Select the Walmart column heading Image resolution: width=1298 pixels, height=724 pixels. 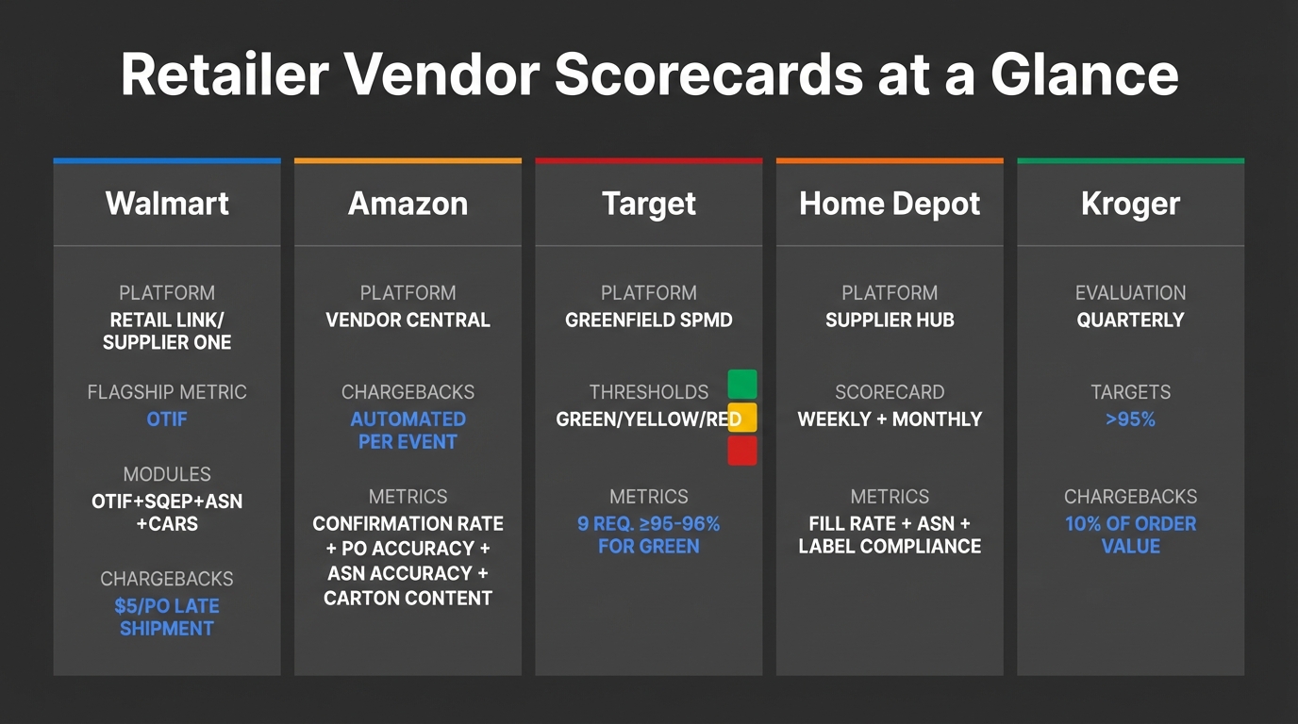(x=167, y=204)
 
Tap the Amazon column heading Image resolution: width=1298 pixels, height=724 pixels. (x=408, y=204)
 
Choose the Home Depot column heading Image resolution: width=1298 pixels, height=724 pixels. (x=890, y=204)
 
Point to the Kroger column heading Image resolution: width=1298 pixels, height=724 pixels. (x=1130, y=204)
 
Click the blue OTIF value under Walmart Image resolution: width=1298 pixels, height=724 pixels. (x=167, y=419)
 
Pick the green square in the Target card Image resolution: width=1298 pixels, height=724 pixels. (x=742, y=385)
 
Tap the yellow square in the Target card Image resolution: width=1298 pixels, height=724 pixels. (x=742, y=418)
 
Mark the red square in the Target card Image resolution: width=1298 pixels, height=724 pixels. (x=742, y=451)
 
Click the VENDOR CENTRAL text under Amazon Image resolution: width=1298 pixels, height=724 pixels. (x=408, y=321)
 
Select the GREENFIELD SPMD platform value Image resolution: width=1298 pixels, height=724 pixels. (x=649, y=321)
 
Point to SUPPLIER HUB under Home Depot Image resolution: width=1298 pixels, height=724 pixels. (x=890, y=321)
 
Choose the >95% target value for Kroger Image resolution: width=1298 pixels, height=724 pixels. (x=1130, y=420)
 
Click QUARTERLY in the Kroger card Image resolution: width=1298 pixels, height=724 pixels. (x=1130, y=321)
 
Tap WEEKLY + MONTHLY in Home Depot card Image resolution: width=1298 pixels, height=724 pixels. (x=890, y=420)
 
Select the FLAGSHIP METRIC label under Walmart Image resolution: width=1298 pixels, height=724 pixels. (x=167, y=392)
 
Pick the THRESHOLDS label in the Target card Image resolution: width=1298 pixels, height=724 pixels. (x=649, y=392)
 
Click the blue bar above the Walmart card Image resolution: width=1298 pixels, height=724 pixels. (x=167, y=161)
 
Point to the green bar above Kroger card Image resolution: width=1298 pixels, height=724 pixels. (x=1130, y=161)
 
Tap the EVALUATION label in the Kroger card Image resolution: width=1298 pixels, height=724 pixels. (x=1130, y=293)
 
